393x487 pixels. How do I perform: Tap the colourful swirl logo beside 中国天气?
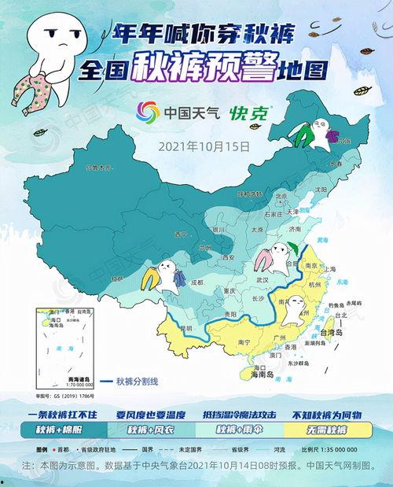[148, 113]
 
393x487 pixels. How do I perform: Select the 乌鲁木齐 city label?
[100, 168]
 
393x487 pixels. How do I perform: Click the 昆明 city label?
[185, 327]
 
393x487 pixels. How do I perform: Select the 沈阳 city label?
[319, 190]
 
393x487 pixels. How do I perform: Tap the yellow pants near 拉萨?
[148, 277]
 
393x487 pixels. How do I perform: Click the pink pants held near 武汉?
[265, 259]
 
